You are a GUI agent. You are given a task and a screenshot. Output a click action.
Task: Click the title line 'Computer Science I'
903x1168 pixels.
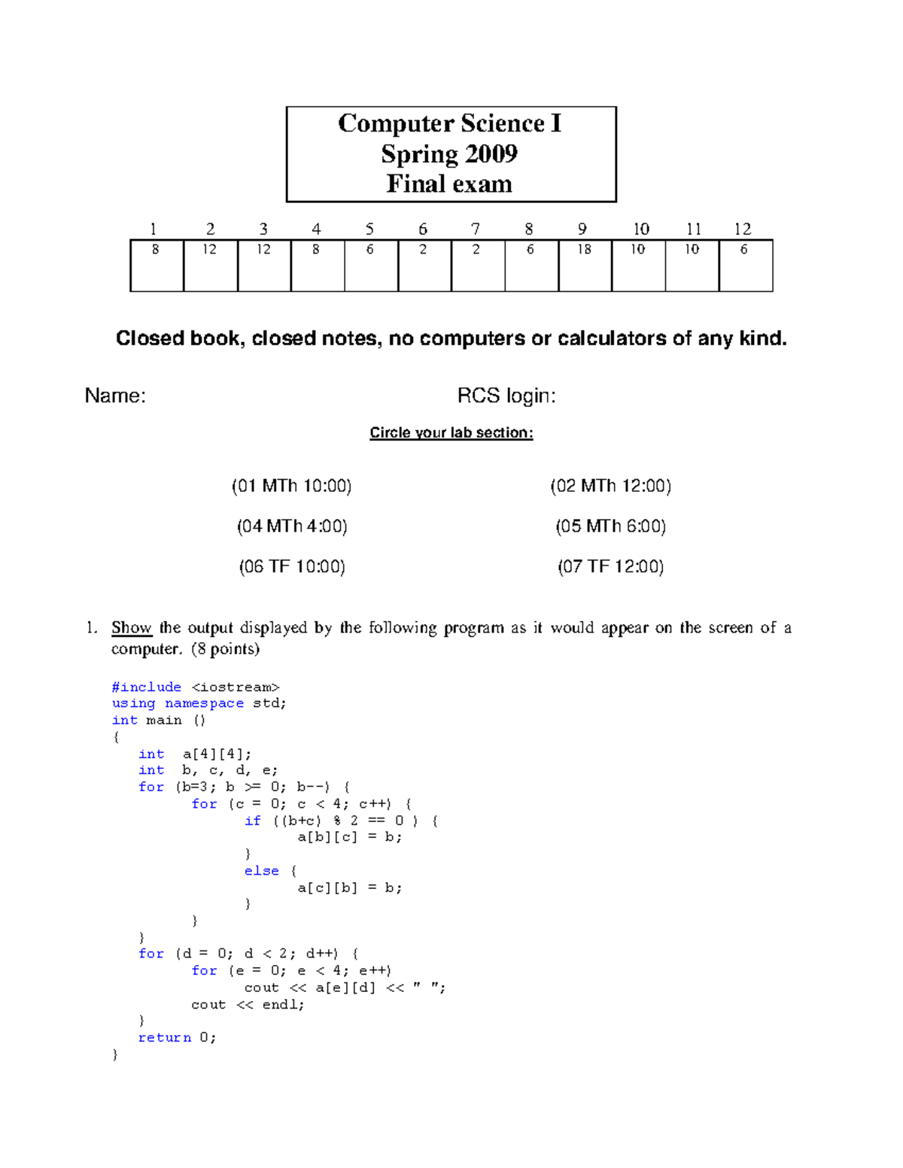tap(450, 123)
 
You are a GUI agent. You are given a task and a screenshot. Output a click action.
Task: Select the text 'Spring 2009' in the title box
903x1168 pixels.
tap(449, 154)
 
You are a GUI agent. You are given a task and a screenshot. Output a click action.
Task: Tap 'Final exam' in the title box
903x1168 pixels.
tap(449, 184)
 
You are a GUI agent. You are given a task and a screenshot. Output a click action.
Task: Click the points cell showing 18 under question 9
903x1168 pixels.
tap(585, 250)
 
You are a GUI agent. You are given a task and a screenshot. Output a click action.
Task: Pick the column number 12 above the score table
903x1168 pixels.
tap(743, 229)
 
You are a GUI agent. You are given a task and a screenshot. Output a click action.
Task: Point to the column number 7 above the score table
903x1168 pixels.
tap(476, 229)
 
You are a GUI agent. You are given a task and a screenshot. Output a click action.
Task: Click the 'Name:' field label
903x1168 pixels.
tap(115, 396)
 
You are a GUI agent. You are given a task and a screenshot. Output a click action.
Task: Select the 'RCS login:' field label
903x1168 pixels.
tap(506, 396)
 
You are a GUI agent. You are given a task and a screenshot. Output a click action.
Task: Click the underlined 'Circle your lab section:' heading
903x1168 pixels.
tap(451, 432)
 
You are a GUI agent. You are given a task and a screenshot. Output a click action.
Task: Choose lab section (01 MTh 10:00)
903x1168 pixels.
tap(292, 486)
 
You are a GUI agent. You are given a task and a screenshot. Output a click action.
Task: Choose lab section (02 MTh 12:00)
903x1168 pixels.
tap(610, 486)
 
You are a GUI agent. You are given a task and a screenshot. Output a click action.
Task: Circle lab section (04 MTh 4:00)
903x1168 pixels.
tap(292, 526)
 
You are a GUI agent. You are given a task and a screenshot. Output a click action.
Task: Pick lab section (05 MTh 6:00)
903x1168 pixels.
tap(610, 526)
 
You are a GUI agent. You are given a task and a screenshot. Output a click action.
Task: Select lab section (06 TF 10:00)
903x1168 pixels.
tap(292, 567)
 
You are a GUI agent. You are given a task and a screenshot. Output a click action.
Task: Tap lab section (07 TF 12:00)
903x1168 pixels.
tap(610, 567)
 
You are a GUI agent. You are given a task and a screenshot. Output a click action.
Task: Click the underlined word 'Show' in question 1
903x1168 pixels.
tap(132, 628)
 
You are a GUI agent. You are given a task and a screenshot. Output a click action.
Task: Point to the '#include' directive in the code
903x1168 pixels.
tap(147, 687)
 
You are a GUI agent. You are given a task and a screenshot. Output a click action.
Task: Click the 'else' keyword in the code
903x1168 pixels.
tap(261, 871)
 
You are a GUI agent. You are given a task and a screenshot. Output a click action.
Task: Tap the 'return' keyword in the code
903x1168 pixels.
tap(165, 1038)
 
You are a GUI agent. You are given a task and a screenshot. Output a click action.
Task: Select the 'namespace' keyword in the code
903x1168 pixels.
tap(204, 704)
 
